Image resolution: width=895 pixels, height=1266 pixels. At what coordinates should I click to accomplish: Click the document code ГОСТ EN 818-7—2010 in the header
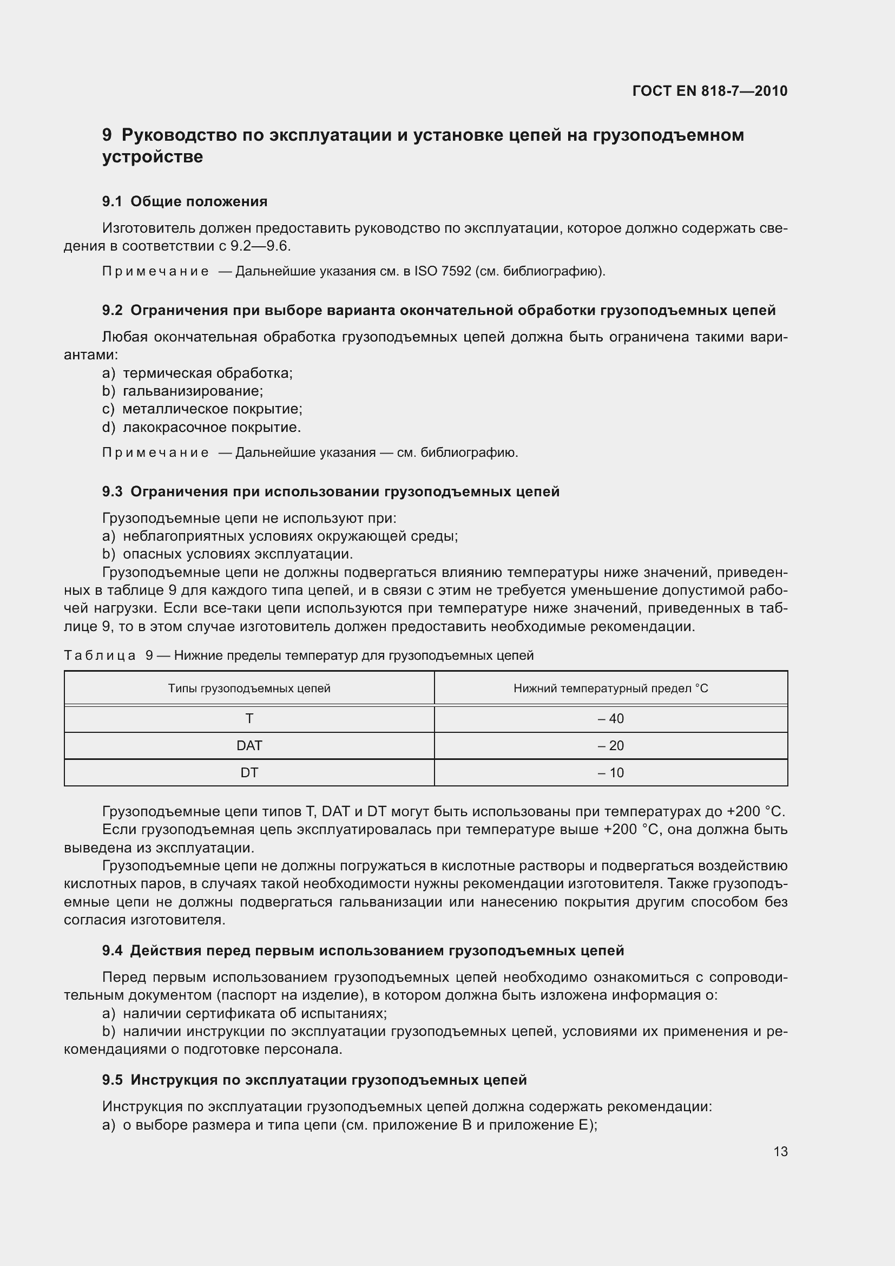click(710, 91)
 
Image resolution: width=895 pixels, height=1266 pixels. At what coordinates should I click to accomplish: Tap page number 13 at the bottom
click(780, 1151)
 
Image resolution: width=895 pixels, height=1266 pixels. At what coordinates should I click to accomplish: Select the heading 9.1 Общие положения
click(185, 201)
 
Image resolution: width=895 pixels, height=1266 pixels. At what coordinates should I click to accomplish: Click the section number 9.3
click(113, 491)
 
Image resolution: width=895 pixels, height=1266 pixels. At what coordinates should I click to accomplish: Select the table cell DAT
click(249, 745)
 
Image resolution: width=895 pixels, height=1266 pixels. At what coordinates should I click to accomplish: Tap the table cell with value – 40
click(610, 718)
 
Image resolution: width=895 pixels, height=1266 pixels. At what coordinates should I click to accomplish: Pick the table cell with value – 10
click(610, 772)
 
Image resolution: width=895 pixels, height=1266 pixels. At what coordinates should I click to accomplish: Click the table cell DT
click(249, 772)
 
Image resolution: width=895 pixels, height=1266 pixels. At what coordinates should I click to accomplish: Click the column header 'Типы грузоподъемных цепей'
click(249, 688)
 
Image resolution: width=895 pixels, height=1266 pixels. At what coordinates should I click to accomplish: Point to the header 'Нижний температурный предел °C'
click(610, 688)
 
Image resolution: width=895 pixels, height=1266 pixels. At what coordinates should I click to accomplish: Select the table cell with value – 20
click(610, 745)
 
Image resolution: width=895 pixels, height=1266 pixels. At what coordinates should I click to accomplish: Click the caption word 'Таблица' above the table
click(100, 655)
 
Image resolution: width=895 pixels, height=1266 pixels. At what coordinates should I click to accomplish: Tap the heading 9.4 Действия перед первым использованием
click(364, 950)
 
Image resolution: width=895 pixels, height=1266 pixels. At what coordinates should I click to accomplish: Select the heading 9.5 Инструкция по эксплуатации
click(315, 1080)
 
